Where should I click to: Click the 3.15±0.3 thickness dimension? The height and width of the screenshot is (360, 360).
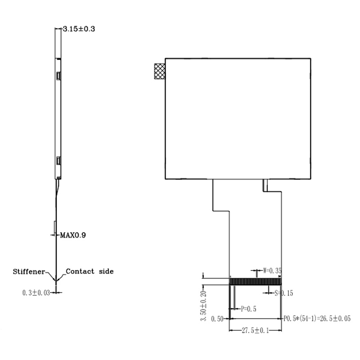tap(79, 29)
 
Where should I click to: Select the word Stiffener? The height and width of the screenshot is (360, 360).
tap(29, 272)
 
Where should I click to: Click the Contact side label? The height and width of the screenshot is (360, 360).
tap(90, 271)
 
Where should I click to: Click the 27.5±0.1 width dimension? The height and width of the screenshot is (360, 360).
tap(255, 331)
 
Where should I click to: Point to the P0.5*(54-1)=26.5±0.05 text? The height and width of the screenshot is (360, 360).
tap(317, 319)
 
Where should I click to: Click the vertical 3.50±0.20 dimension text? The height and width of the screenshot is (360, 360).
tap(203, 306)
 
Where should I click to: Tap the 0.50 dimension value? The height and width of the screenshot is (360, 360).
tap(217, 319)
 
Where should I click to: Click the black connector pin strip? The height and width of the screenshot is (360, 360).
tap(255, 282)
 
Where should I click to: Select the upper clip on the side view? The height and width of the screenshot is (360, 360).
tap(58, 76)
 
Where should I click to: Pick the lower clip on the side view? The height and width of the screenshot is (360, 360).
tap(58, 161)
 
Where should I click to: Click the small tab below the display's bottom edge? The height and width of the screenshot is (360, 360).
tap(265, 184)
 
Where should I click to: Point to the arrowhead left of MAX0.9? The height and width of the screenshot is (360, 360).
tap(53, 234)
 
